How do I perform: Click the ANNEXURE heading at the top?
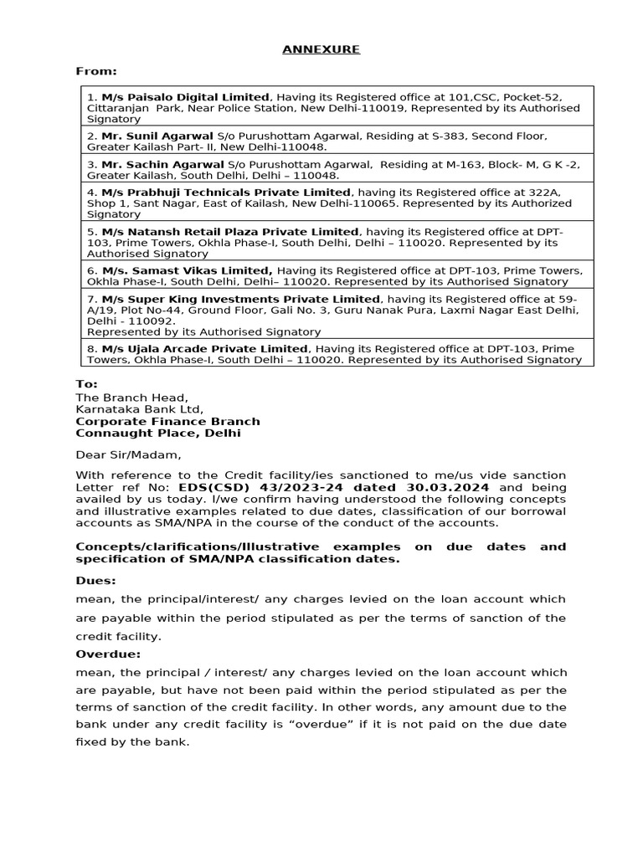[321, 49]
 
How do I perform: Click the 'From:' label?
[96, 72]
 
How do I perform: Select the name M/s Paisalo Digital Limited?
[186, 98]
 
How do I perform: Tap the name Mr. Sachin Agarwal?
[162, 165]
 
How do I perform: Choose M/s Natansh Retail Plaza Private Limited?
[230, 232]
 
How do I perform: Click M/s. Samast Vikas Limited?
[188, 271]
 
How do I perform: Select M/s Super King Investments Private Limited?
[240, 300]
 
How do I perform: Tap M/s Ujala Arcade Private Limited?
[204, 349]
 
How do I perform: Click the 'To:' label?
[87, 384]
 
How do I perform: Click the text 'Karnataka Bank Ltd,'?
[140, 409]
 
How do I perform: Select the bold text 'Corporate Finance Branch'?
[168, 422]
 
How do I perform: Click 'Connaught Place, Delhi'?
[158, 434]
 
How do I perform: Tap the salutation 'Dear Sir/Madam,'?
[128, 455]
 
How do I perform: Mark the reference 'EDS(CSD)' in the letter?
[210, 487]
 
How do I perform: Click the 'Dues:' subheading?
[96, 579]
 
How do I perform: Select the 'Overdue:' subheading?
[109, 654]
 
